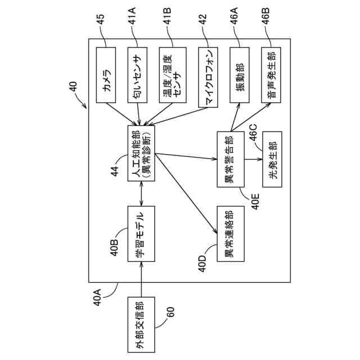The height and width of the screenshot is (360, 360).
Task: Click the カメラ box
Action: point(106,75)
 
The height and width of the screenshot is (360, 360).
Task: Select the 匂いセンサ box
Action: point(137,75)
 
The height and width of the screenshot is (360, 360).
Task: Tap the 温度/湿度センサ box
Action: point(173,75)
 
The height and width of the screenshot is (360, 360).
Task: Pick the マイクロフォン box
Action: point(208,78)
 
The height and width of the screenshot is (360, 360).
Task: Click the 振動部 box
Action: point(240,75)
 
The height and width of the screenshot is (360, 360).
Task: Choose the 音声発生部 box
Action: point(271,75)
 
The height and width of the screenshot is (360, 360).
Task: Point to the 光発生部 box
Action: point(272,159)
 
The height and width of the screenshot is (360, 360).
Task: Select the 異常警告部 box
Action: point(231,159)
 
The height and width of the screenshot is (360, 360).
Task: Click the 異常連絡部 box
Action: point(231,234)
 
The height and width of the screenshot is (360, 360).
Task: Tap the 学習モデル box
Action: point(141,234)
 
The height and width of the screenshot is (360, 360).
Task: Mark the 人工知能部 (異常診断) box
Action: point(141,154)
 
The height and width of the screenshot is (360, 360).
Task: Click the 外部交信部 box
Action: point(141,325)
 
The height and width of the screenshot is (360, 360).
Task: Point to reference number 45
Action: point(100,20)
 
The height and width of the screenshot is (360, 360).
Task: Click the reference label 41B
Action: point(168,16)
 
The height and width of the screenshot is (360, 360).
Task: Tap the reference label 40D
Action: point(203,264)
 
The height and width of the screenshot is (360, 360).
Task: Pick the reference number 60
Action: point(170,312)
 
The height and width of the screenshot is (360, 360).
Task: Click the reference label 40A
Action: point(97,298)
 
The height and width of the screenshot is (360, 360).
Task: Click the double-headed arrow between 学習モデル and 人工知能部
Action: point(141,193)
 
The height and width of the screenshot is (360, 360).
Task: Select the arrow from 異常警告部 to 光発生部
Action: point(253,159)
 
